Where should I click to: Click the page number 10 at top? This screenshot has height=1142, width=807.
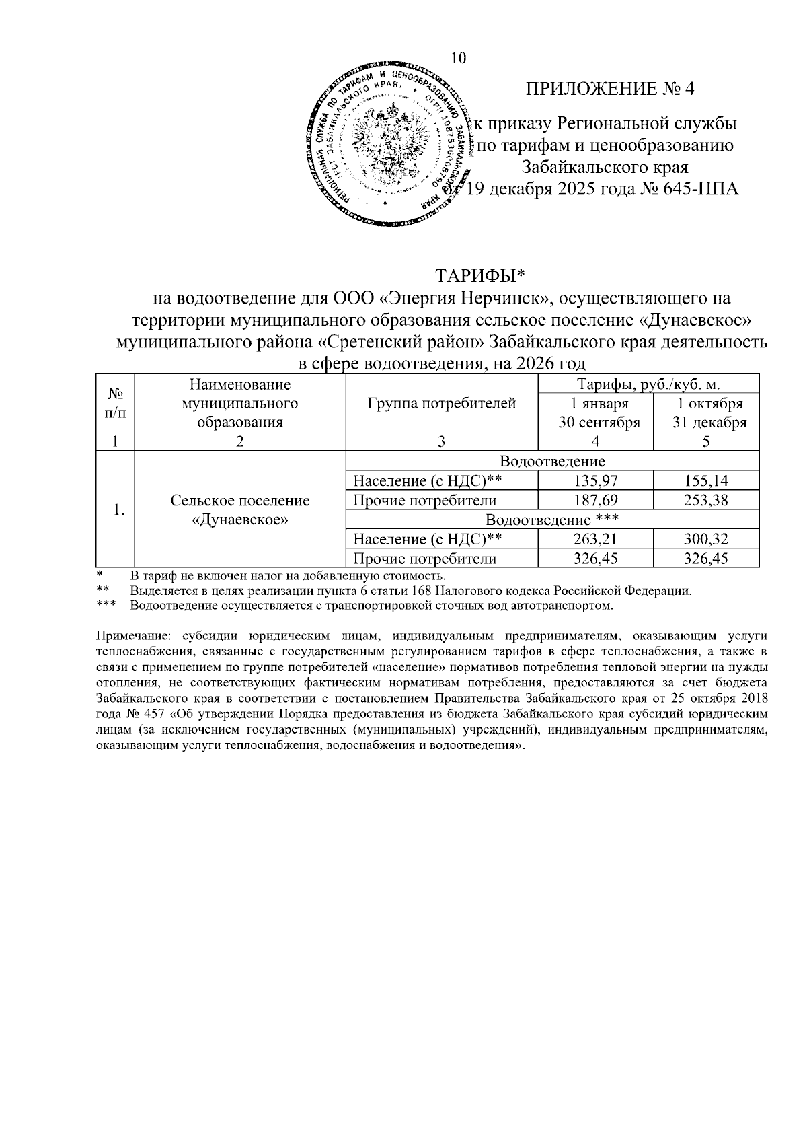(458, 58)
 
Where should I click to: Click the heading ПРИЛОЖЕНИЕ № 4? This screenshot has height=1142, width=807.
(609, 89)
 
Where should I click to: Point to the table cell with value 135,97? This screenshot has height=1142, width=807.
(594, 481)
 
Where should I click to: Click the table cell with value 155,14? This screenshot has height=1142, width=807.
(705, 481)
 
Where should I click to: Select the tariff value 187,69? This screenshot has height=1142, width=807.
(594, 501)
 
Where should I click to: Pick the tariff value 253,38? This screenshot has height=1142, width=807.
(705, 501)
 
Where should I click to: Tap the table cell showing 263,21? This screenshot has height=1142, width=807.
(594, 539)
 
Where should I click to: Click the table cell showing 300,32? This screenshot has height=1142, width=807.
(705, 539)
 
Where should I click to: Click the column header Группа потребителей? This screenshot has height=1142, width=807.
(442, 404)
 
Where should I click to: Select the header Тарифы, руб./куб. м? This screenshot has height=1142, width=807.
(649, 385)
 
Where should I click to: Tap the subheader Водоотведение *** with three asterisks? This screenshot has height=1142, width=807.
(551, 520)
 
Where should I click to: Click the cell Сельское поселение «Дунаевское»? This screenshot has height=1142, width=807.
(240, 510)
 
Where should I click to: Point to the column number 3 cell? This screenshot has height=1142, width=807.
(442, 442)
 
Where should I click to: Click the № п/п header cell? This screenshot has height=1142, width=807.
(115, 404)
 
